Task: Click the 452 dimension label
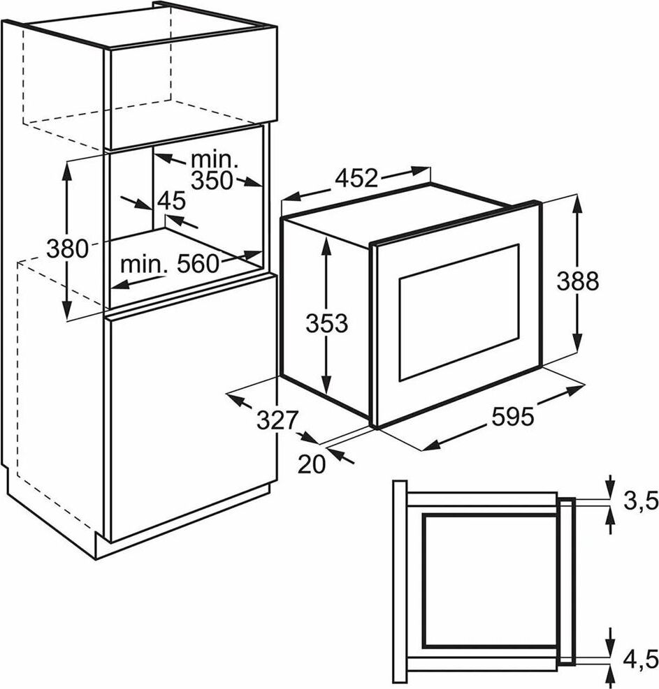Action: click(x=356, y=179)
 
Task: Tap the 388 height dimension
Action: click(x=577, y=281)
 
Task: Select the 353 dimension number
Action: click(x=326, y=323)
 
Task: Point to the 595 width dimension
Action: click(x=512, y=417)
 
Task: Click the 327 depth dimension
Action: click(x=277, y=420)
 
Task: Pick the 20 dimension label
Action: click(x=312, y=464)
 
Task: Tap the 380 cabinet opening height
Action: click(x=67, y=248)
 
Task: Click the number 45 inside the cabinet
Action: click(x=171, y=202)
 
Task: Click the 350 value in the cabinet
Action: click(x=212, y=179)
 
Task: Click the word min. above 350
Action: click(x=216, y=158)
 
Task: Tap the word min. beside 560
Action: click(x=145, y=265)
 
